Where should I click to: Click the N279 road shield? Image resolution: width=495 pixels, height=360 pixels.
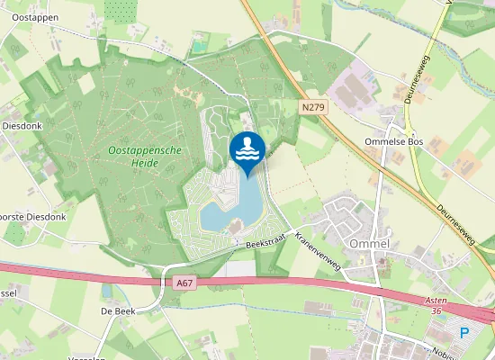pyautogui.click(x=312, y=107)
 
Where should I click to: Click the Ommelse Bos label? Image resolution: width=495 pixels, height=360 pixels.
pyautogui.click(x=393, y=142)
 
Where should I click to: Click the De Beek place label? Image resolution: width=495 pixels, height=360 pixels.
pyautogui.click(x=118, y=310)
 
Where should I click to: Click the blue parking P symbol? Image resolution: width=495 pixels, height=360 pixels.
pyautogui.click(x=464, y=333)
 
